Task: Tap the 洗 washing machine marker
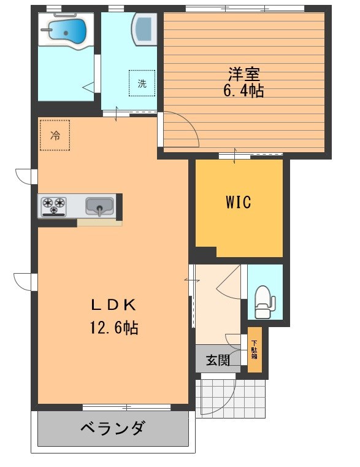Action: click(142, 83)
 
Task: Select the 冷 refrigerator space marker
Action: click(55, 135)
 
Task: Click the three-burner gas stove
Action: click(53, 206)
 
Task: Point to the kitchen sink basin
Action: click(99, 206)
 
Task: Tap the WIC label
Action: click(239, 202)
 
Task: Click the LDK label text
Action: click(113, 304)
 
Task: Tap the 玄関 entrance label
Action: click(218, 360)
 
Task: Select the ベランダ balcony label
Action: click(113, 428)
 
